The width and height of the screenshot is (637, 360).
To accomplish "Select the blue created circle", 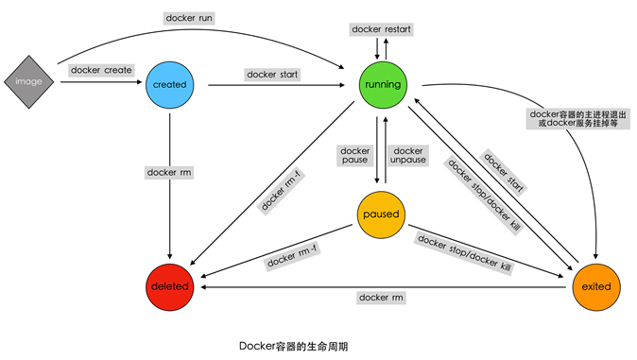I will coord(169,84).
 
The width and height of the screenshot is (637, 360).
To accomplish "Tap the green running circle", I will coord(381,84).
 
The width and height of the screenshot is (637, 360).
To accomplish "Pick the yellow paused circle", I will coord(381,214).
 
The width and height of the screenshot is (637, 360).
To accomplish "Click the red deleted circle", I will coord(170,286).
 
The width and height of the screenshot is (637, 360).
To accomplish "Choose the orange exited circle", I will coord(595,286).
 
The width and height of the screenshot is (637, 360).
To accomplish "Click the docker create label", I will coord(101,70).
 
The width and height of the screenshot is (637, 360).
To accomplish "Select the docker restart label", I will coord(380,29).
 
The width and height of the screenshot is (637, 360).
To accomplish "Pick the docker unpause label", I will coord(409,156).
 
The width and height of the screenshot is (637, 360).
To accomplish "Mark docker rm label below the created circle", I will coord(169,172).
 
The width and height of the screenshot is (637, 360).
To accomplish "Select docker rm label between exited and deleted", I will coord(381,298).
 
